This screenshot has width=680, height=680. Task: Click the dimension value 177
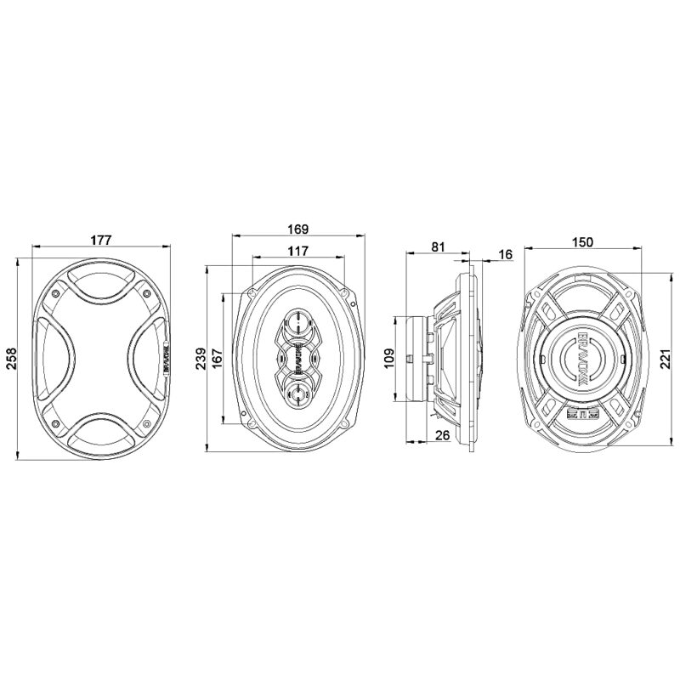click(x=101, y=240)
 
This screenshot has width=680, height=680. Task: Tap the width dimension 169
click(x=297, y=229)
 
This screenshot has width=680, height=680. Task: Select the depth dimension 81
click(x=438, y=246)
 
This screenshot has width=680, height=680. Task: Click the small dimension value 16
click(x=505, y=254)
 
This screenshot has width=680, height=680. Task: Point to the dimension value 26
click(x=441, y=435)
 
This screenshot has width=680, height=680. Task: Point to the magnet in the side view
click(x=416, y=358)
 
